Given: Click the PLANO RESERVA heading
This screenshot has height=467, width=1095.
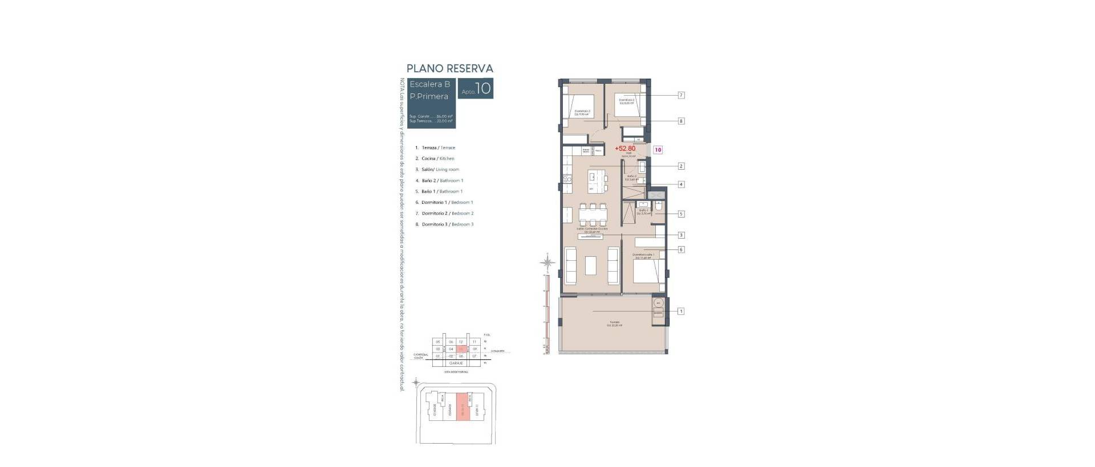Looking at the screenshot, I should coord(449,68).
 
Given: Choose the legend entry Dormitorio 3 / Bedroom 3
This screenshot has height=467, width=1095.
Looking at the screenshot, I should coord(447,224).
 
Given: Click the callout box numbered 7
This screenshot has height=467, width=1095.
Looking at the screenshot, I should coord(680,95).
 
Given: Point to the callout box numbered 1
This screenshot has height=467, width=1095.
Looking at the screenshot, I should coord(680,312).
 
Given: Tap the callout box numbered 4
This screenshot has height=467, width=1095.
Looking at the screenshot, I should coord(680,185).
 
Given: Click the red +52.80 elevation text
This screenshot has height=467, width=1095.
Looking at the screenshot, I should coord(625,149).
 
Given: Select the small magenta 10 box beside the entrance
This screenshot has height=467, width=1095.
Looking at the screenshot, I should coord(658,150).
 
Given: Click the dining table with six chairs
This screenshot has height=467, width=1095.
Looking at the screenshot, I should coord(593,215).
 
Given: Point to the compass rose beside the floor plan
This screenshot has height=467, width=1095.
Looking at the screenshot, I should coord(547,263).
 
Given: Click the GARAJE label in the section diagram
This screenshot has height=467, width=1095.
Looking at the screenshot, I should coord(456,363).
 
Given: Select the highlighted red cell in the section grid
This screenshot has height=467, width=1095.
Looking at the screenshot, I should coord(461,349).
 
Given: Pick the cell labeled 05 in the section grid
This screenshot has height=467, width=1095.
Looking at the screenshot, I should coord(438,342).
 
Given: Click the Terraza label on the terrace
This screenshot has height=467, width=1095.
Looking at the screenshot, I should coord(614,323).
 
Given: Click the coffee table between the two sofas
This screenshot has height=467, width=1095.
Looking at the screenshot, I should coord(591,268).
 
